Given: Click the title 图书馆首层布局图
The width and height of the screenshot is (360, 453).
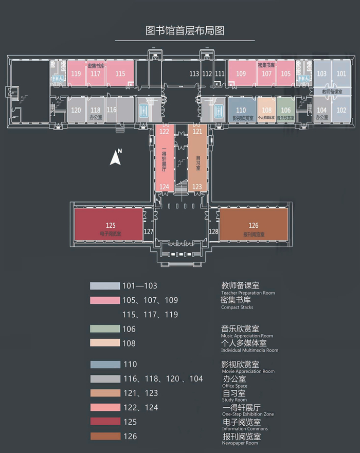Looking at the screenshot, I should click(x=185, y=30).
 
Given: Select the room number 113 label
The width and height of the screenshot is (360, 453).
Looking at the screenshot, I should click(x=194, y=74).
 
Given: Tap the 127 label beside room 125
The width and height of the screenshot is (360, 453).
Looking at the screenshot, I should click(x=149, y=232).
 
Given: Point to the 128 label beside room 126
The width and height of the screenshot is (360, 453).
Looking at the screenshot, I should click(x=214, y=232).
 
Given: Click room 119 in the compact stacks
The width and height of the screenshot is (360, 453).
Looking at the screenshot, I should click(x=77, y=74).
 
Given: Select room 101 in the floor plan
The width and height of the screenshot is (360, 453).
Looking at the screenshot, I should click(x=341, y=74).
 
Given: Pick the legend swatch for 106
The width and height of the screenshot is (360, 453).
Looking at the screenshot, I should click(x=104, y=329).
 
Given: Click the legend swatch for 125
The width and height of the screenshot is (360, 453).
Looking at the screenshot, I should click(x=104, y=422).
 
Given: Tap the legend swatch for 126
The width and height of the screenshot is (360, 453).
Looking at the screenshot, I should click(x=104, y=436).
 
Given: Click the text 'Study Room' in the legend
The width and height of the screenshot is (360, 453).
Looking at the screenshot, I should click(x=234, y=400).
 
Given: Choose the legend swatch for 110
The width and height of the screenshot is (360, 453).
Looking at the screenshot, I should click(x=104, y=365).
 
